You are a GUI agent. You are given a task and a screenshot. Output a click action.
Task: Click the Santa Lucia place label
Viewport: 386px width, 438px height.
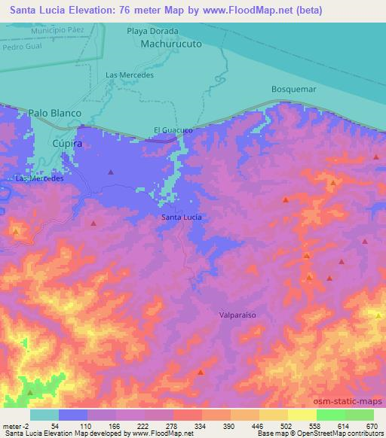pyautogui.click(x=182, y=217)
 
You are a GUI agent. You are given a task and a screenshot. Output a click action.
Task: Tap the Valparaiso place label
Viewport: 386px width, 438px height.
pyautogui.click(x=238, y=316)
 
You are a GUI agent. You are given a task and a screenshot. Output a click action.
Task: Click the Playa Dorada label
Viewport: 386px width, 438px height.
pyautogui.click(x=152, y=32)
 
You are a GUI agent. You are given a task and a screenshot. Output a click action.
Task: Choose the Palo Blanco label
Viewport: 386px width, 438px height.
pyautogui.click(x=54, y=113)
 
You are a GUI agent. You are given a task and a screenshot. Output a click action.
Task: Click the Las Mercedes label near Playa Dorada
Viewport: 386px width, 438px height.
pyautogui.click(x=130, y=75)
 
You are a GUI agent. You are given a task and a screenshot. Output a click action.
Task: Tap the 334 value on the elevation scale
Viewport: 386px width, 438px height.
pyautogui.click(x=199, y=426)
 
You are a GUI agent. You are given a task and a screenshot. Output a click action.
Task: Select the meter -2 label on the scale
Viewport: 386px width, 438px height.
pyautogui.click(x=16, y=426)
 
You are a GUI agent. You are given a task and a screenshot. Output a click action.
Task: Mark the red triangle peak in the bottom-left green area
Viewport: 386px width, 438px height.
pyautogui.click(x=30, y=392)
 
